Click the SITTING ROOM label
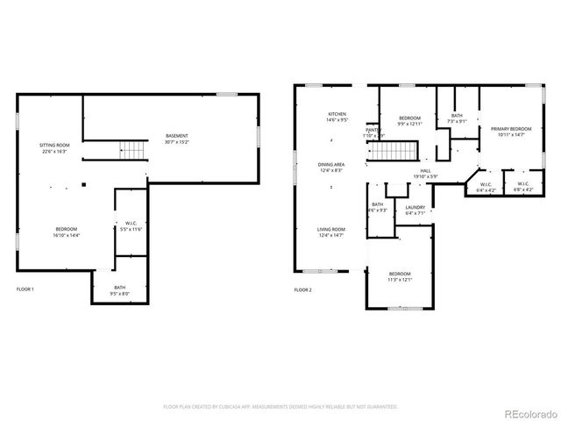(53, 145)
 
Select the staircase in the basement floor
(131, 150)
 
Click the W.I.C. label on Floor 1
(130, 223)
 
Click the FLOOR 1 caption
(25, 289)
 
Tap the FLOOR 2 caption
(303, 289)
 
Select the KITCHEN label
(337, 114)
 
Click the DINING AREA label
(330, 164)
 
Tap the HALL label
(426, 171)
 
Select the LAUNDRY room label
(415, 207)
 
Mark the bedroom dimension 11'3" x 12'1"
(400, 281)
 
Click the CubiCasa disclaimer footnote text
(280, 407)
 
